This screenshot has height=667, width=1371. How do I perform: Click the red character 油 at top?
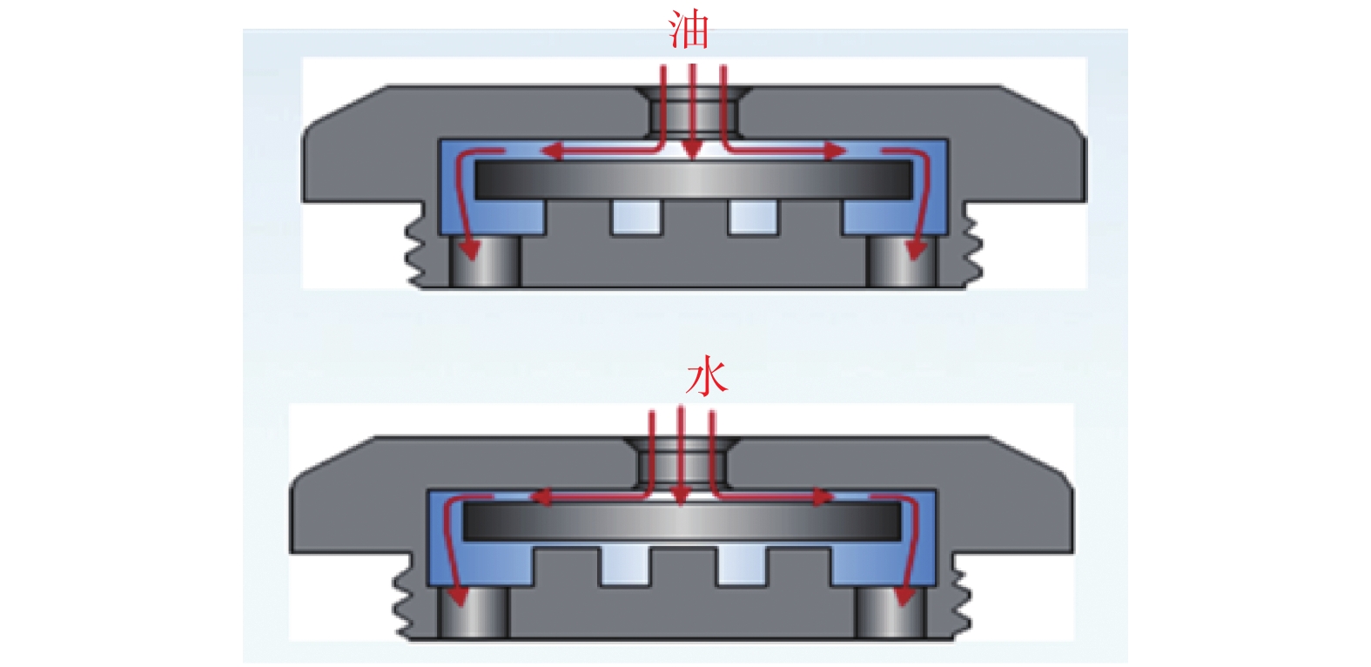[x=689, y=30]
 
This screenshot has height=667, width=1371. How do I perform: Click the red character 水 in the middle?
[x=705, y=378]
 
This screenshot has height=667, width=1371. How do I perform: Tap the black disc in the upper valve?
[x=693, y=179]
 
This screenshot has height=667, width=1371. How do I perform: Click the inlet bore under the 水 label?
[x=682, y=462]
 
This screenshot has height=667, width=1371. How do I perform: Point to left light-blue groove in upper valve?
[x=635, y=217]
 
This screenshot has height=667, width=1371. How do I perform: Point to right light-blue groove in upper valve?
[x=753, y=217]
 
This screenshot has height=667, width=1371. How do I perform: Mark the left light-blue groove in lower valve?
[x=624, y=567]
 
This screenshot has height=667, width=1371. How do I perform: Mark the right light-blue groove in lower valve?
[x=742, y=567]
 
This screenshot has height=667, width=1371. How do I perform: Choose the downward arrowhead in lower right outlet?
[x=904, y=596]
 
